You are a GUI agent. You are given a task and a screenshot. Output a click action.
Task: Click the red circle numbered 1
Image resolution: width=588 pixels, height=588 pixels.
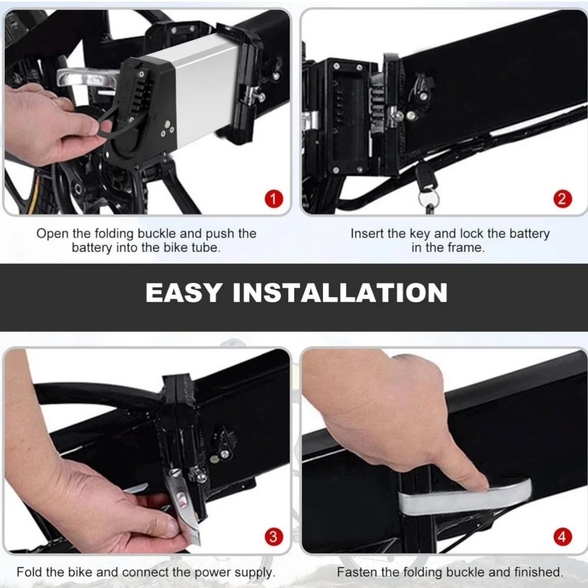(273, 199)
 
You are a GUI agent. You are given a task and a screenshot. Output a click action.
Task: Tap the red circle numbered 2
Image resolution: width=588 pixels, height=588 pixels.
(563, 199)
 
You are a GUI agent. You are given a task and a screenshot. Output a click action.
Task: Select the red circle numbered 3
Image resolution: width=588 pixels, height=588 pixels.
(273, 537)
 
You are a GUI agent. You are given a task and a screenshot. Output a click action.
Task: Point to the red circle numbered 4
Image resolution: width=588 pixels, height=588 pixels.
(563, 537)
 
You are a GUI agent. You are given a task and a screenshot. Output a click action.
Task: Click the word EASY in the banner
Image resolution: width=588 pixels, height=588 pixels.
(183, 292)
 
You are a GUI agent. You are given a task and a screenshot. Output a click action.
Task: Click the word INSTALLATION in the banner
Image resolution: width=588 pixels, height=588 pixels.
(340, 292)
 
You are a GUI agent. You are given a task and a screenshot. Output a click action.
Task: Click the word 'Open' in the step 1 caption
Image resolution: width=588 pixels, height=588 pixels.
(52, 233)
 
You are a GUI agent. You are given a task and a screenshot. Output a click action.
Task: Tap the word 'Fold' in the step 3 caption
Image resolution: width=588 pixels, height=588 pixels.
(29, 572)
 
